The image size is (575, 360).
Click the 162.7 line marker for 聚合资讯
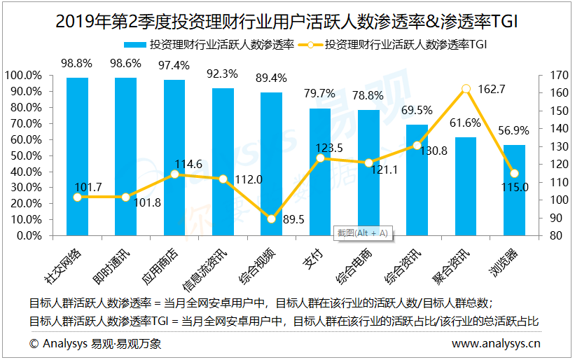pyautogui.click(x=466, y=89)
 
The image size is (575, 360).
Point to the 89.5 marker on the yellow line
pyautogui.click(x=272, y=219)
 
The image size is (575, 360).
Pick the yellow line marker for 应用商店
pyautogui.click(x=174, y=174)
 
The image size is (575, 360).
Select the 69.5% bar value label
pyautogui.click(x=417, y=110)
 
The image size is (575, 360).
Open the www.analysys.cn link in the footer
pyautogui.click(x=496, y=344)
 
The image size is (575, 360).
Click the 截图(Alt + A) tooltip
pyautogui.click(x=362, y=233)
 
